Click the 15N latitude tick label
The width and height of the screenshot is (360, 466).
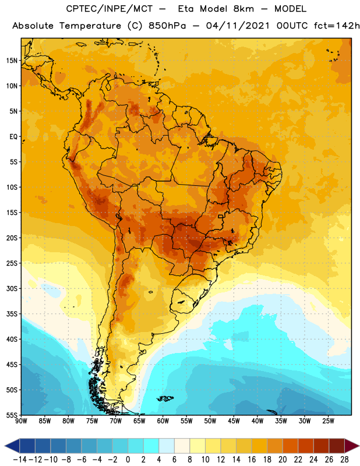(12, 61)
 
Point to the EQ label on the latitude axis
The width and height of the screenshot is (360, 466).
(13, 137)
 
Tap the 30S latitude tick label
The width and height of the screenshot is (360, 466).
(12, 288)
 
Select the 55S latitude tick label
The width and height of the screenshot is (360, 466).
(12, 415)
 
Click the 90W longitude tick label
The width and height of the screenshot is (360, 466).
(21, 421)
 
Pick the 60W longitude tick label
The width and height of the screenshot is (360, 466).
(163, 421)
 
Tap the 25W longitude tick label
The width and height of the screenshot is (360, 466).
(328, 421)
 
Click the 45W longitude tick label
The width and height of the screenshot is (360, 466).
(234, 421)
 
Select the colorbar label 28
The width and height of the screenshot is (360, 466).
(344, 460)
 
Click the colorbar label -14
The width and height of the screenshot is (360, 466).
(20, 460)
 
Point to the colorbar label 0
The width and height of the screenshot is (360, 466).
(128, 460)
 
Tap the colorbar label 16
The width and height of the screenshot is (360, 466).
(252, 460)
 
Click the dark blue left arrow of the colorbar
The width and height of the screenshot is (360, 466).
(12, 446)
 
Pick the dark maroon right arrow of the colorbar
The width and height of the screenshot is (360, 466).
(352, 446)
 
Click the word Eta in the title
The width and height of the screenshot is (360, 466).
(186, 9)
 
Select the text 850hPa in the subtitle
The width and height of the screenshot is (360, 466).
(167, 26)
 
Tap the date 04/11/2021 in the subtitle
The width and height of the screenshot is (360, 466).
(238, 26)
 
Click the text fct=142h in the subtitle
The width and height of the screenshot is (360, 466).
(337, 26)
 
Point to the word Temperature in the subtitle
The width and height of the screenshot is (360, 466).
(90, 26)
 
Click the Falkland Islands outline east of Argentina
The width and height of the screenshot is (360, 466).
(165, 398)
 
